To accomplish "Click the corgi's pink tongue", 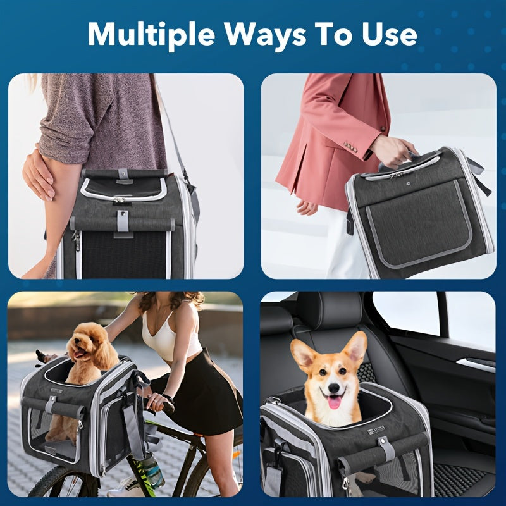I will coord(334,400).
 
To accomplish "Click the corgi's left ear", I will coord(304,354).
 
